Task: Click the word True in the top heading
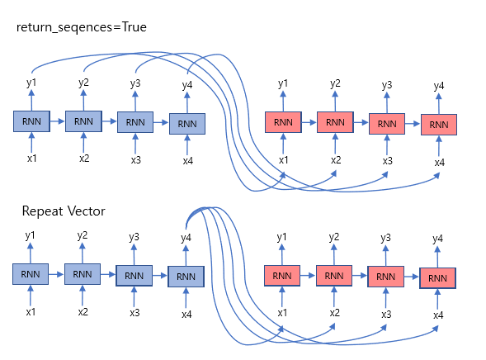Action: coord(134,27)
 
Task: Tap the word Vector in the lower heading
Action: coord(87,211)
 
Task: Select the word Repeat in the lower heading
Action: coord(43,211)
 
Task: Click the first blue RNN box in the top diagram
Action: coord(31,121)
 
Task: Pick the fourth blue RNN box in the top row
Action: coord(187,124)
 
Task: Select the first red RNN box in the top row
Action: coord(283,122)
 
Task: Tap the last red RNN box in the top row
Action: coord(439,125)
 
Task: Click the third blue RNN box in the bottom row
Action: coord(134,276)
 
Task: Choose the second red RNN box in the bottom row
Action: coord(334,275)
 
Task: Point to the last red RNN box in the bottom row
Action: coord(437,278)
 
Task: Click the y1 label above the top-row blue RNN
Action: coord(31,83)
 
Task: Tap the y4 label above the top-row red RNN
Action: coord(439,86)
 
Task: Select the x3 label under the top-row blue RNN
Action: coord(135,160)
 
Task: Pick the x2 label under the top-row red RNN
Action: coord(336,160)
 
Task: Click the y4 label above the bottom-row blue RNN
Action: coord(186,238)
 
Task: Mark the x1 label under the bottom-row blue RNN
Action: coord(31,312)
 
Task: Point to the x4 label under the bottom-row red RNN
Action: coord(438,315)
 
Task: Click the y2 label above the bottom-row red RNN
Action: coord(334,237)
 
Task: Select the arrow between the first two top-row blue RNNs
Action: coord(57,121)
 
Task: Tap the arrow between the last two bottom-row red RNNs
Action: coord(412,277)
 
